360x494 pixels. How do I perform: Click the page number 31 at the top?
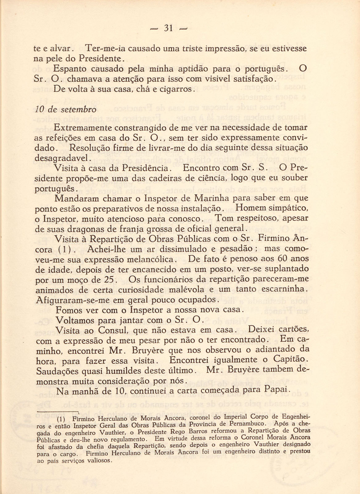click(168, 28)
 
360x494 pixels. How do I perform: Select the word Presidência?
click(145, 168)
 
